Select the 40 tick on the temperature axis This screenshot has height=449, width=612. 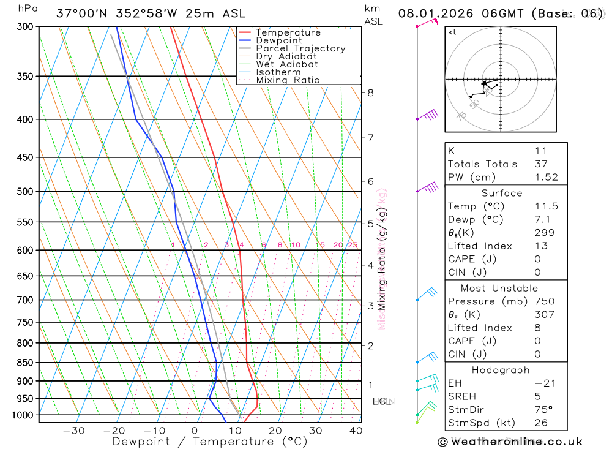[x=356, y=431]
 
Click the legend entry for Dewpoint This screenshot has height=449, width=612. [x=278, y=40]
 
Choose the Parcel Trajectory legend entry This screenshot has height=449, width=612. [x=300, y=48]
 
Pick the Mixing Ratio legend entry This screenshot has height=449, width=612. [x=288, y=80]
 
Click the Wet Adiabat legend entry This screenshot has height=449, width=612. [x=287, y=64]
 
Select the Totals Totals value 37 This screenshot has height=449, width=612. [x=540, y=164]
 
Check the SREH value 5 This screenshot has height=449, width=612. [x=537, y=396]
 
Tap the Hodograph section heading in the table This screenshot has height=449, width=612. [x=501, y=370]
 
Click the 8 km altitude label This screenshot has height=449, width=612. [x=370, y=93]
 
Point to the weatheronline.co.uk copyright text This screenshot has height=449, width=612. [x=510, y=441]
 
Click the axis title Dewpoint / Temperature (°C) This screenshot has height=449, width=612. [x=209, y=441]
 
